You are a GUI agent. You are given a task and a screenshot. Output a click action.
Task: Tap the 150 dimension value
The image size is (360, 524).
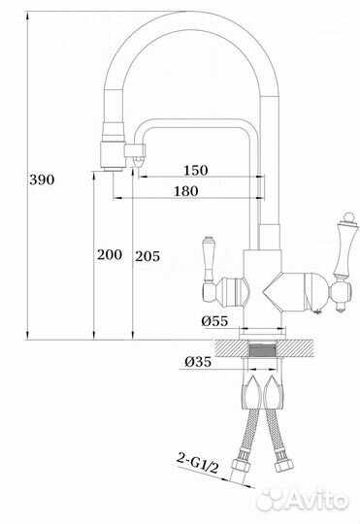click(195, 171)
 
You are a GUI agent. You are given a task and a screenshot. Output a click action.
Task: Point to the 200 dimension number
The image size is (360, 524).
click(109, 255)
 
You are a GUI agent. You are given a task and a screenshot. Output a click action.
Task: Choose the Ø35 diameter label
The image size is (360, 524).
click(197, 362)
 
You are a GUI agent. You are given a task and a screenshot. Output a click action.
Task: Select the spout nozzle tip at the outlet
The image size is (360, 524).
click(109, 168)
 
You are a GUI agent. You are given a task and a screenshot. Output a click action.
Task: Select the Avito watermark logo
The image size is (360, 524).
click(311, 500)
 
